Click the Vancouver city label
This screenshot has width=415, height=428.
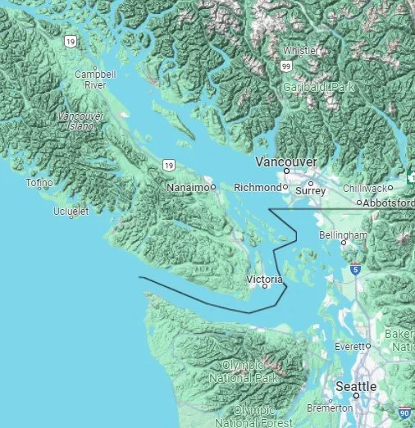[x=286, y=162]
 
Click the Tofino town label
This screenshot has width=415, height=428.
[x=39, y=183]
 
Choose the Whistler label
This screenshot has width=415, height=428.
[x=301, y=49]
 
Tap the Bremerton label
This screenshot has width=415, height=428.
[x=328, y=408]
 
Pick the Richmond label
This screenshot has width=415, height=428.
[x=257, y=188]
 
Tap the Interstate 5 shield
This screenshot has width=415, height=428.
[x=354, y=268]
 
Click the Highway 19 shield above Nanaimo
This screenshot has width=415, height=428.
[x=168, y=165]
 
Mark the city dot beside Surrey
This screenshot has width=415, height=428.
[x=310, y=184]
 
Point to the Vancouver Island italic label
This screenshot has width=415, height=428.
[x=81, y=122]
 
